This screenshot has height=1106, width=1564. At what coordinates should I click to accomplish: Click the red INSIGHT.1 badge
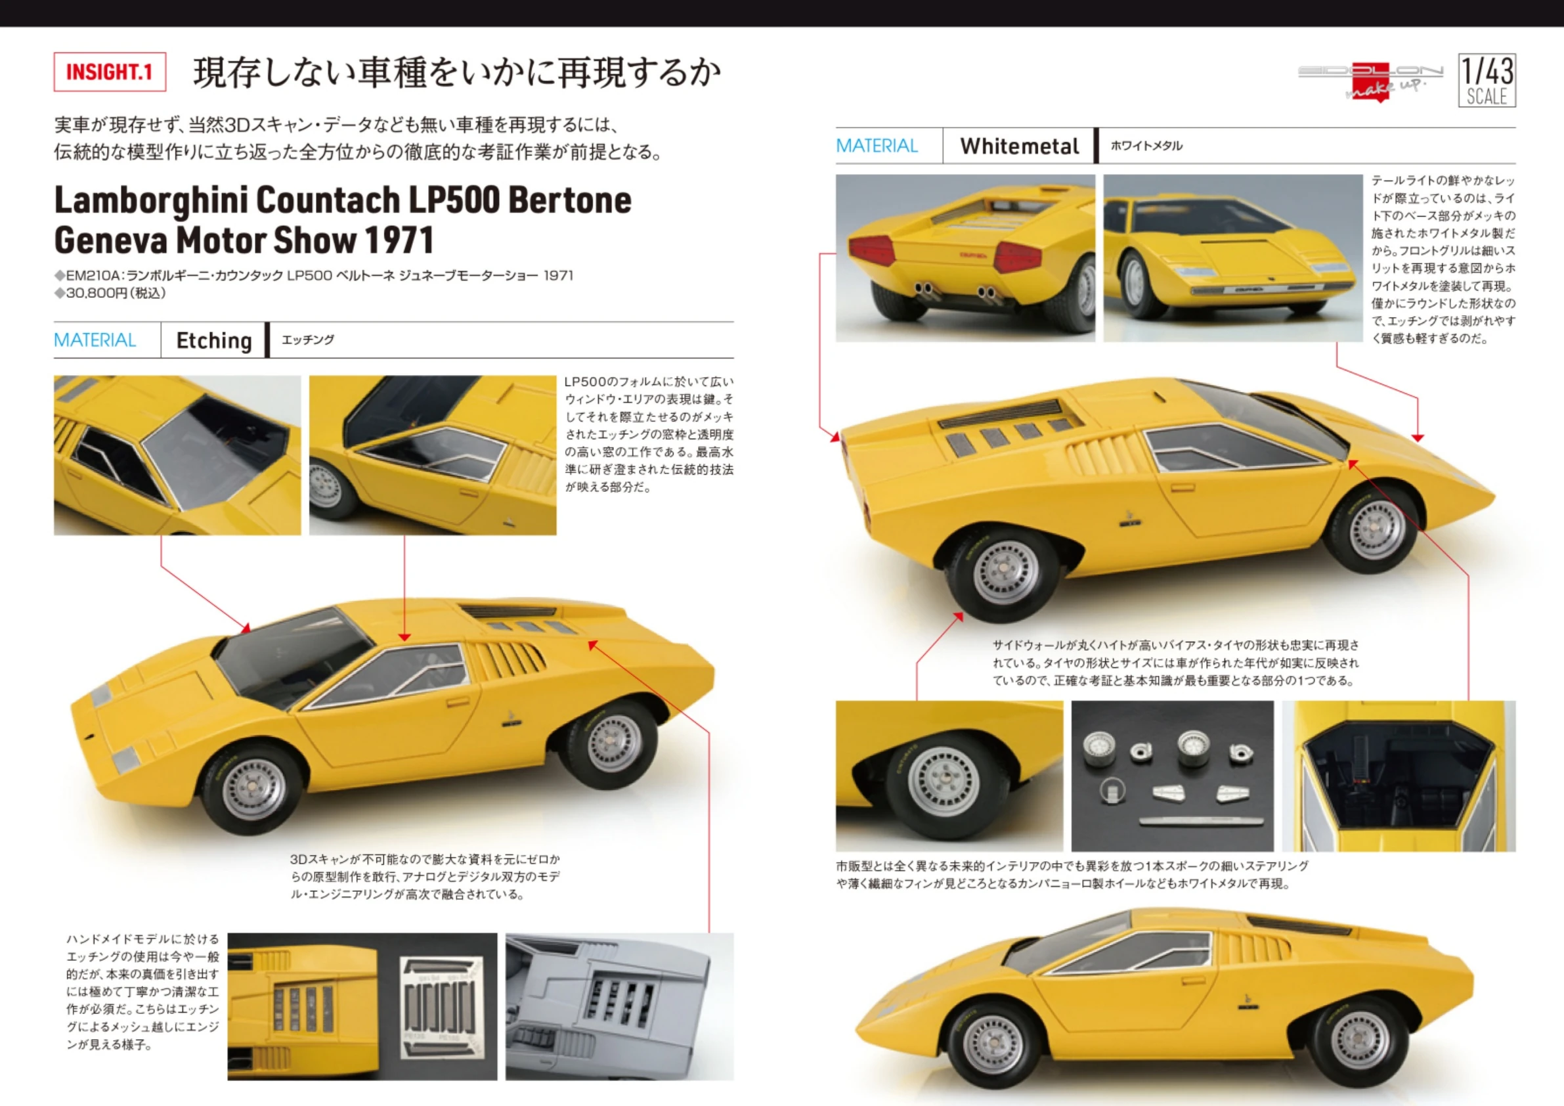pyautogui.click(x=110, y=72)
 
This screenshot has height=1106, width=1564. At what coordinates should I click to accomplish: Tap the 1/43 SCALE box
pyautogui.click(x=1487, y=80)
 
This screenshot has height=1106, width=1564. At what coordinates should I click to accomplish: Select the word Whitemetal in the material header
pyautogui.click(x=1019, y=146)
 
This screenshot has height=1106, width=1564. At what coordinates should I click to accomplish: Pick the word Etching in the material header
pyautogui.click(x=214, y=340)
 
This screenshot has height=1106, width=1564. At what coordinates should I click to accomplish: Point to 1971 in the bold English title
pyautogui.click(x=399, y=240)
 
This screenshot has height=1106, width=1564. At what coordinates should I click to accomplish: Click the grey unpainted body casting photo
pyautogui.click(x=619, y=1006)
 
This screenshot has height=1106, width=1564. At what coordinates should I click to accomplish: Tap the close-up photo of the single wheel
pyautogui.click(x=948, y=776)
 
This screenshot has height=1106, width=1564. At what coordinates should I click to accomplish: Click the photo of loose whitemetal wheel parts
pyautogui.click(x=1171, y=776)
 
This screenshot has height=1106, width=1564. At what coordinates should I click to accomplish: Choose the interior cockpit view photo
pyautogui.click(x=1399, y=776)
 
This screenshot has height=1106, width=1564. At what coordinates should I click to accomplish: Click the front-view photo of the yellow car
pyautogui.click(x=1232, y=257)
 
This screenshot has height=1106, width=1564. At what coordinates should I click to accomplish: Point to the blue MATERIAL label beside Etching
pyautogui.click(x=95, y=340)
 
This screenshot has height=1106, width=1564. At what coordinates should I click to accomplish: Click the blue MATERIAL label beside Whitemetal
pyautogui.click(x=877, y=146)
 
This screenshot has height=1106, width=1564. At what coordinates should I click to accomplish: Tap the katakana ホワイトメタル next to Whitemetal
pyautogui.click(x=1146, y=146)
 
